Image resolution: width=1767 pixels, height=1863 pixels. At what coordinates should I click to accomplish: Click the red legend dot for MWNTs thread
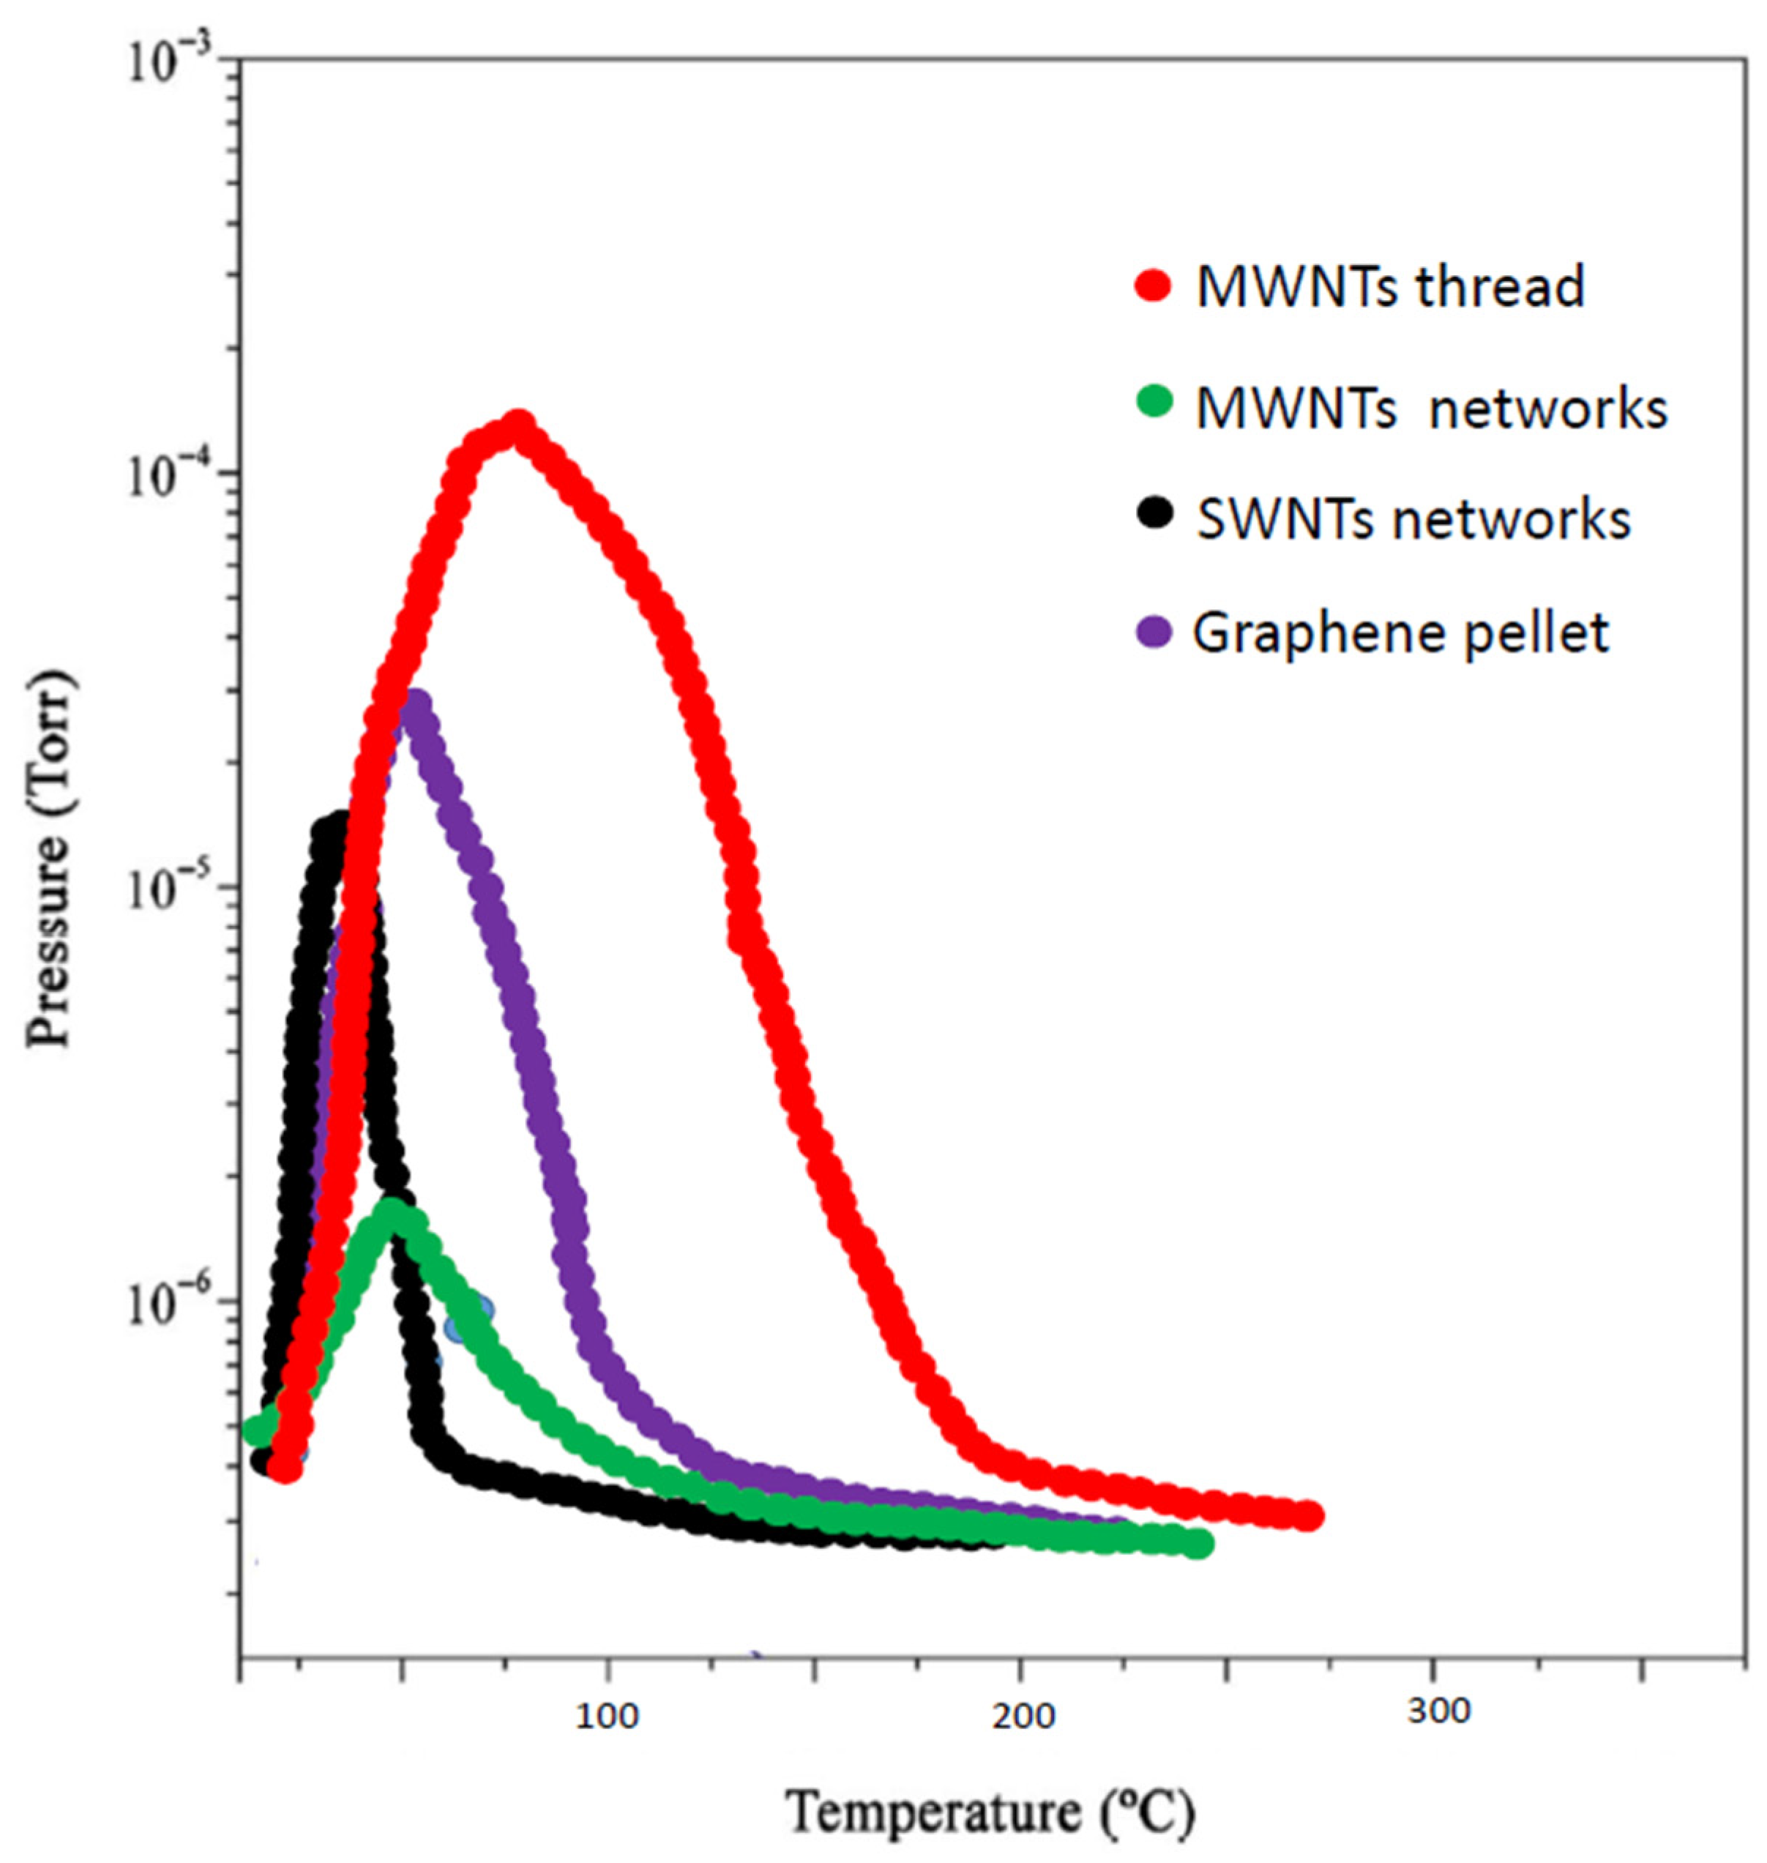click(x=1153, y=285)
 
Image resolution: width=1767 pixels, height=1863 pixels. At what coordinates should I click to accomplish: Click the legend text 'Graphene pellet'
click(x=1400, y=633)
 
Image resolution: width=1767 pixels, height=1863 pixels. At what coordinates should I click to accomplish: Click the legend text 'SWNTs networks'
click(x=1413, y=518)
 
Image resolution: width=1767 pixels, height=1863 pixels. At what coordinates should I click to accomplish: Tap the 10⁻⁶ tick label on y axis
click(x=179, y=1307)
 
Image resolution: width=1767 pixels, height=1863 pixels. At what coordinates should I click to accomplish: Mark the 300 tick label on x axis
click(x=1438, y=1711)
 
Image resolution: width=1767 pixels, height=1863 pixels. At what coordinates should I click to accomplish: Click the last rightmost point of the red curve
click(x=1307, y=1517)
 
